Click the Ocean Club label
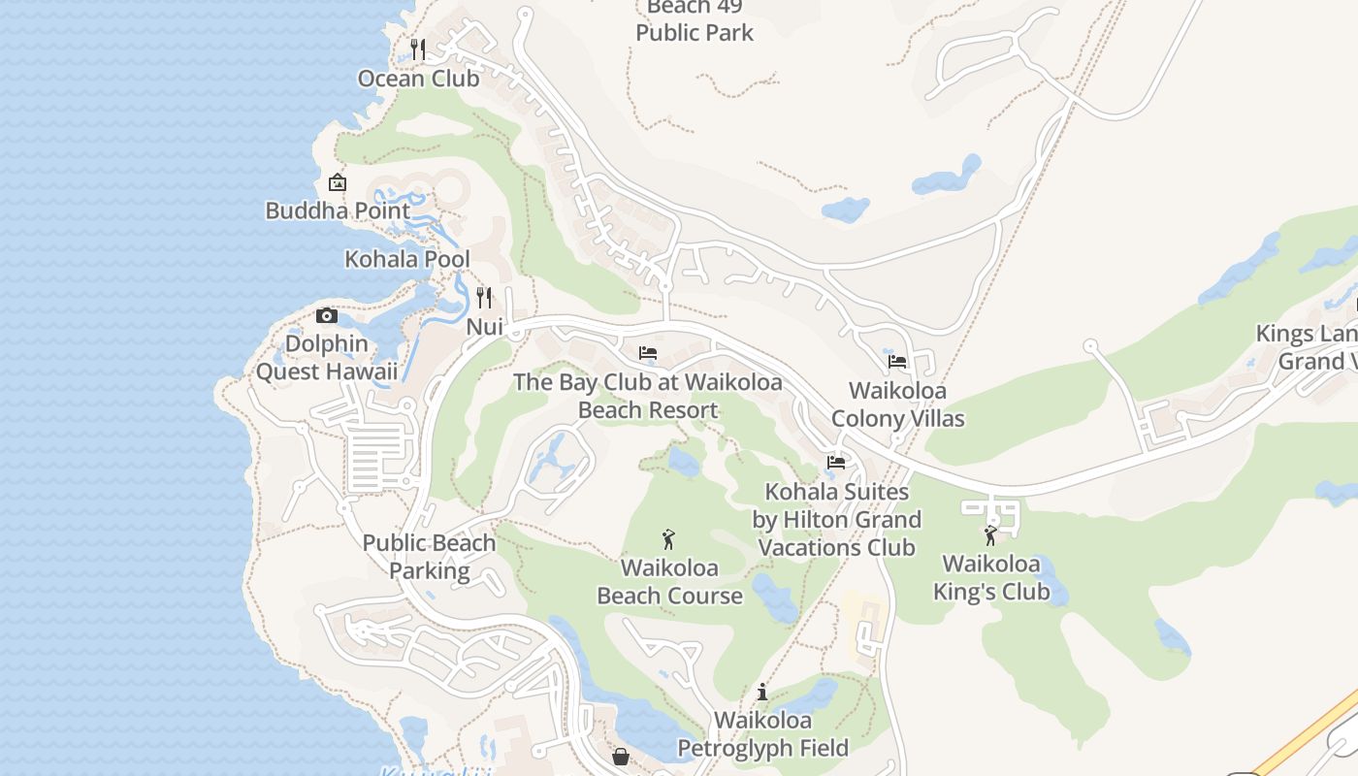418,79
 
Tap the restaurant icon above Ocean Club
418,48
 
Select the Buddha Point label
338,210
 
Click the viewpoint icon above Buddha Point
337,182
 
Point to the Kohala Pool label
407,259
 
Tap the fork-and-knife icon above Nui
484,297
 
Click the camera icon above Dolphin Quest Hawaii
327,315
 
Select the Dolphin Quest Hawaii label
327,358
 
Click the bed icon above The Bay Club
648,352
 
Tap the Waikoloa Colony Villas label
898,404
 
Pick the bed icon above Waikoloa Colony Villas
897,362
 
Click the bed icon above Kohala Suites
836,463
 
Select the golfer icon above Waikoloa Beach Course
668,539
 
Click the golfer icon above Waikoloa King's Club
990,535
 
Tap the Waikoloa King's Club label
991,578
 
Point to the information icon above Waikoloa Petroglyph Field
762,692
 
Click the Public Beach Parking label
429,557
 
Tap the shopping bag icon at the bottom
621,756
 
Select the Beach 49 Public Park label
695,21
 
